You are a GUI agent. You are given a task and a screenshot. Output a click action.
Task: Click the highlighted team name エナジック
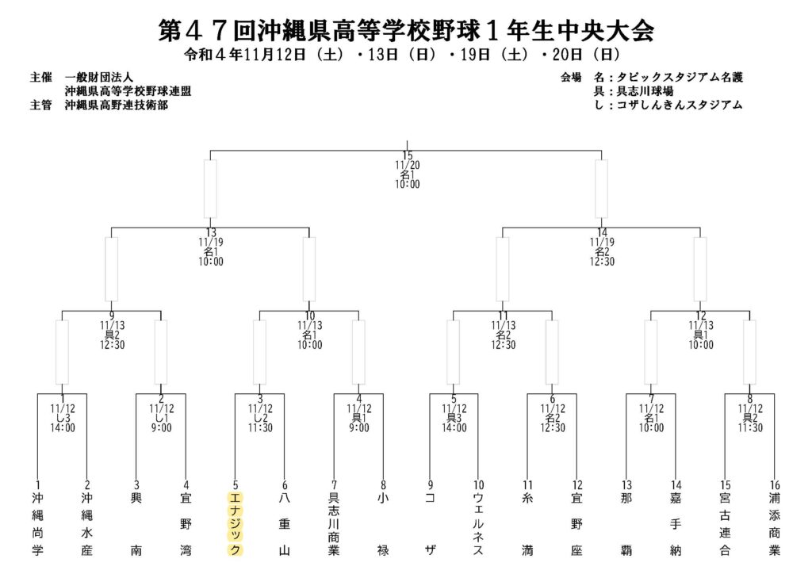[x=235, y=524]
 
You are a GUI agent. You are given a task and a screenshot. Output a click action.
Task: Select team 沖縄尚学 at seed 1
[x=37, y=524]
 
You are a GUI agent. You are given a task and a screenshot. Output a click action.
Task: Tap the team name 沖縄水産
[x=86, y=524]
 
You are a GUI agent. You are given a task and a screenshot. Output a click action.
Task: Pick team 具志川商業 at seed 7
[x=334, y=524]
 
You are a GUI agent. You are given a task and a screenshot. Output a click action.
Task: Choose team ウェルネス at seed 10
[x=478, y=524]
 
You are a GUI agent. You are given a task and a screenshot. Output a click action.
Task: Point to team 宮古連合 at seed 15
[x=725, y=524]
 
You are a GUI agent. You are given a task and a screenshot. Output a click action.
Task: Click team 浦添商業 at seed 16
[x=775, y=524]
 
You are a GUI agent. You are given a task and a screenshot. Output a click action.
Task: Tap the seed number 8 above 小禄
[x=383, y=485]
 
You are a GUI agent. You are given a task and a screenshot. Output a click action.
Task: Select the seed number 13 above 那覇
[x=626, y=485]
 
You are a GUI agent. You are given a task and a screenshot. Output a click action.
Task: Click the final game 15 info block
[x=408, y=170]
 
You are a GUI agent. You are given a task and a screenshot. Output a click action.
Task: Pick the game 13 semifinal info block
[x=211, y=247]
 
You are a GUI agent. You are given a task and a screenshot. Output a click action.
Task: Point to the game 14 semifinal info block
[x=602, y=247]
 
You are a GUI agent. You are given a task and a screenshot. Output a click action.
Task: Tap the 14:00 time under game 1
[x=63, y=428]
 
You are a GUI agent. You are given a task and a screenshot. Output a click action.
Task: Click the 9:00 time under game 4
[x=359, y=428]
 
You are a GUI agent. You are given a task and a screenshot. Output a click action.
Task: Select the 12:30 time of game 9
[x=113, y=345]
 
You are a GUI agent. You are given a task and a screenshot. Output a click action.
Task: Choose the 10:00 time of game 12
[x=701, y=345]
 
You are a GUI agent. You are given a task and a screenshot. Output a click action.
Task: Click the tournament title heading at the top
[x=406, y=31]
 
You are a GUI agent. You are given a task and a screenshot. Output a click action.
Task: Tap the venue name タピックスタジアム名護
[x=680, y=78]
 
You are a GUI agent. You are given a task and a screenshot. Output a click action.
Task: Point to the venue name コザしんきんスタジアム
[x=680, y=105]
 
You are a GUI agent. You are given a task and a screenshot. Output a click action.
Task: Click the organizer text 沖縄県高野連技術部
[x=117, y=105]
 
